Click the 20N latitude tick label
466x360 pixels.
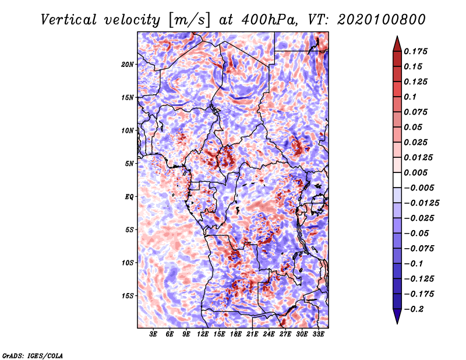click(x=128, y=65)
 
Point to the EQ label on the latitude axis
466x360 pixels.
click(x=129, y=197)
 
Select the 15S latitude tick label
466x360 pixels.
click(x=128, y=296)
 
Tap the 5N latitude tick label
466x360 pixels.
click(x=129, y=164)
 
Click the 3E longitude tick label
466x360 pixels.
click(x=153, y=334)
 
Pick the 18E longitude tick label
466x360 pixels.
click(x=236, y=334)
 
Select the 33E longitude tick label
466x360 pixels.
click(x=318, y=334)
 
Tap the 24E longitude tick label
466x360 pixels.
click(x=269, y=334)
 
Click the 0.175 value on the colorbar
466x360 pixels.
click(x=415, y=51)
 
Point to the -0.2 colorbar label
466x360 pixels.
click(x=414, y=309)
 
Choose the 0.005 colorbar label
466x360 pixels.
click(x=415, y=172)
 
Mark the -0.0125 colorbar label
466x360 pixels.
click(x=421, y=203)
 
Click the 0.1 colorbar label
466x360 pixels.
click(x=410, y=97)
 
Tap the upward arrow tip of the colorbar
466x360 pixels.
click(x=397, y=36)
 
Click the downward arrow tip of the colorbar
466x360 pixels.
click(x=397, y=323)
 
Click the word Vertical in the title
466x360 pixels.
click(x=69, y=20)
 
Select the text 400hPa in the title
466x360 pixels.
click(x=269, y=20)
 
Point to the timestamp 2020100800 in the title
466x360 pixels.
click(x=382, y=20)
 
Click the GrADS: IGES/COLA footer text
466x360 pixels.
click(x=33, y=355)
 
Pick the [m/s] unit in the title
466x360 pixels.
click(x=189, y=20)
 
